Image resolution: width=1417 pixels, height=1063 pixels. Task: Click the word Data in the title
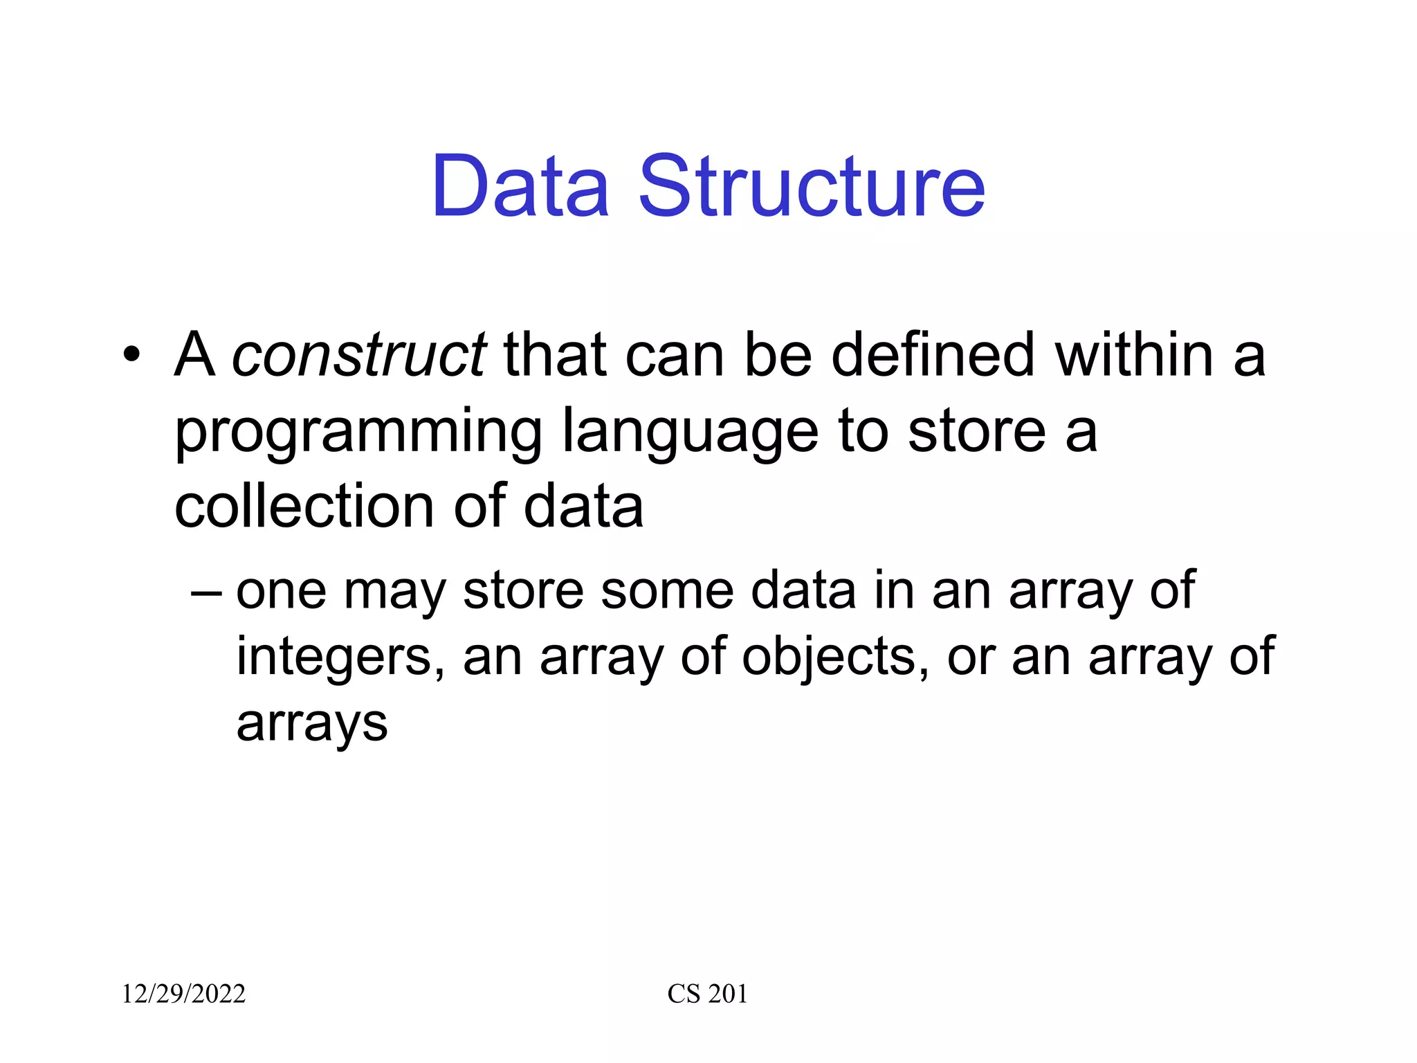[x=520, y=187]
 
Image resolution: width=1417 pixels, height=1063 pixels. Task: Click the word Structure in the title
[x=811, y=187]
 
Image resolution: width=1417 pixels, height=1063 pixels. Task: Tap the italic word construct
[x=359, y=355]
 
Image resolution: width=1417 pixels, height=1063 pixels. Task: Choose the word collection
[x=304, y=506]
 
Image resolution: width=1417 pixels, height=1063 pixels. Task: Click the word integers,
[x=340, y=657]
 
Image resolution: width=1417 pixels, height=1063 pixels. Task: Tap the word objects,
[x=836, y=657]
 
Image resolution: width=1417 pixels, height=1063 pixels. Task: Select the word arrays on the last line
[x=312, y=724]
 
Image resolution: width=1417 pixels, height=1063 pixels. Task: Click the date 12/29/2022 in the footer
[x=184, y=994]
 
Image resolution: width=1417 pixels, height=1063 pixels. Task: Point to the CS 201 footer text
[x=707, y=994]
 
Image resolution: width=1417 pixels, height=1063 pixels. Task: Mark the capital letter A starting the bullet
[x=194, y=355]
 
